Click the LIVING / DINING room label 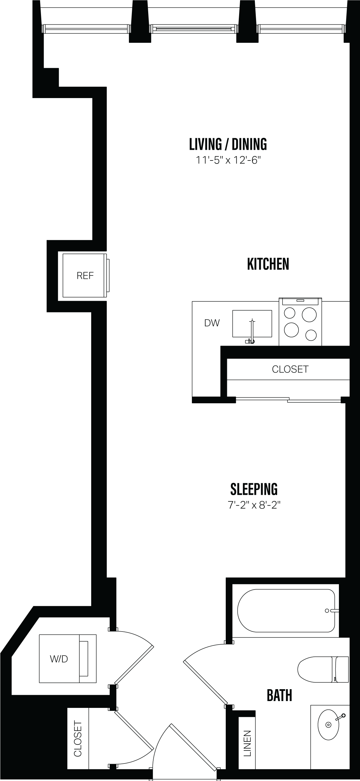228,144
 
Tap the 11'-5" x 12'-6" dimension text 228,160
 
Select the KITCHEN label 268,264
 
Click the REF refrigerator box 85,275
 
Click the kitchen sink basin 252,323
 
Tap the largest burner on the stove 309,314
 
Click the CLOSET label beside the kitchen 290,369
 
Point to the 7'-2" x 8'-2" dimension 254,505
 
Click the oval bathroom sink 328,725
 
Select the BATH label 279,695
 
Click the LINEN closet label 247,743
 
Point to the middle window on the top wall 194,29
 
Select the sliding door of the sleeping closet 288,400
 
